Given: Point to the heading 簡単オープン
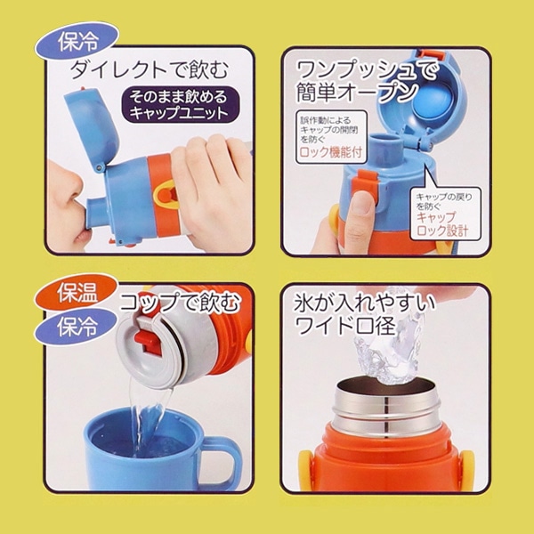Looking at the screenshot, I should point(355,92).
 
